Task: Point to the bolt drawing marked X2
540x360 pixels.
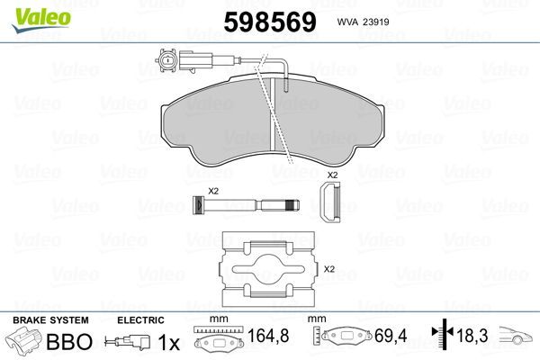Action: tap(243, 207)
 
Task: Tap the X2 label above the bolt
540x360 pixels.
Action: tap(214, 190)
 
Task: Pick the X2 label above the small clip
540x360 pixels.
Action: tap(331, 174)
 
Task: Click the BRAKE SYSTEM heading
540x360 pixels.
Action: tap(50, 320)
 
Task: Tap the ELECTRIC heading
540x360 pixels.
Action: tap(140, 320)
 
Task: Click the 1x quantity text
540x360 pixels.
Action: tap(168, 343)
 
